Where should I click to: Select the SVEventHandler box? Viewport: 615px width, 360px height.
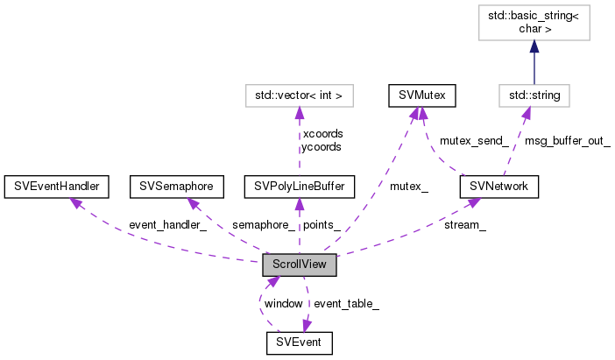(x=56, y=186)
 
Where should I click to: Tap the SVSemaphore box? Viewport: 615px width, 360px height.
(x=173, y=186)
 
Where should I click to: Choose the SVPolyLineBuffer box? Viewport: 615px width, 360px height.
(x=300, y=186)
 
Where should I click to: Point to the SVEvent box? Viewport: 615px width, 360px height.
(x=300, y=342)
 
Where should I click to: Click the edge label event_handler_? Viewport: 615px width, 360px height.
(x=166, y=225)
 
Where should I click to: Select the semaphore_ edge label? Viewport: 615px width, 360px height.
(x=263, y=225)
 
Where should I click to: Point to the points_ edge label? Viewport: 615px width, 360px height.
(x=322, y=225)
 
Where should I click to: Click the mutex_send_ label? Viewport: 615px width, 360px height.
(x=473, y=140)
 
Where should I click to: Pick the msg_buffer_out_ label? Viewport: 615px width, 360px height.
(x=567, y=140)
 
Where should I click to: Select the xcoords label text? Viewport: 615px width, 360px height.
(x=322, y=133)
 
